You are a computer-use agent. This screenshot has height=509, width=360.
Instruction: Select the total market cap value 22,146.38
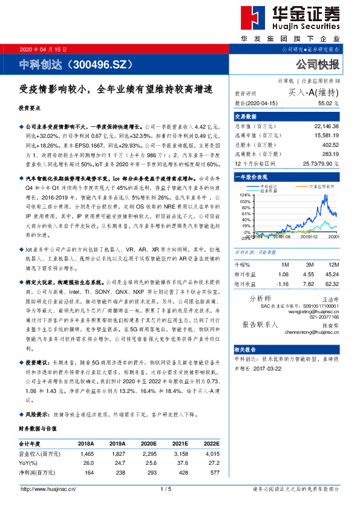click(327, 126)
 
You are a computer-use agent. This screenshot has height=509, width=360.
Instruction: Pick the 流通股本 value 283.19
click(330, 155)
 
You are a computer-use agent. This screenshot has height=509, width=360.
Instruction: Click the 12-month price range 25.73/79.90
click(321, 164)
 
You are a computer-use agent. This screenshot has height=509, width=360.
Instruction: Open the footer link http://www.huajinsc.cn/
click(47, 488)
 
